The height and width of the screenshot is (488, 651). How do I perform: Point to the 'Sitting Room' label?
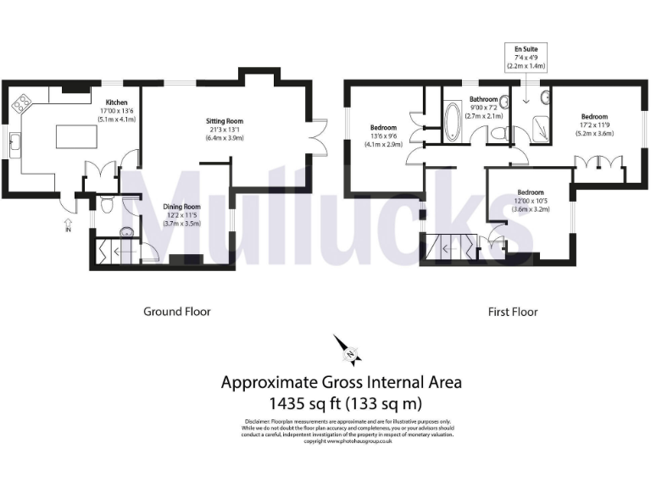coord(225,121)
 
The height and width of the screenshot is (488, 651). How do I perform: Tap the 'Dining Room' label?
coord(181,206)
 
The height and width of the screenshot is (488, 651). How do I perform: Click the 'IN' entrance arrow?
coord(67,225)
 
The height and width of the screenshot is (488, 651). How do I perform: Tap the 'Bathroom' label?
coord(478,99)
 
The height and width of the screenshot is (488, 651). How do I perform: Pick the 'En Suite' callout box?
coord(526,57)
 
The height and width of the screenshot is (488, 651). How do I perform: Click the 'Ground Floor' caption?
coord(176,312)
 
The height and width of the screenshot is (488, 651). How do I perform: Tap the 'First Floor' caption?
coord(513,312)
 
